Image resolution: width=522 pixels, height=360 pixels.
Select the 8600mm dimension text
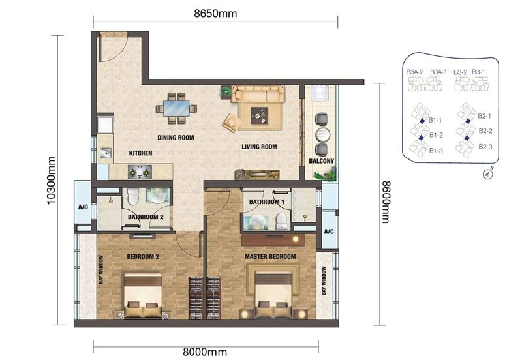point(386,202)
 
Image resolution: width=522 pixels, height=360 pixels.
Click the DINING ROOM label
point(176,138)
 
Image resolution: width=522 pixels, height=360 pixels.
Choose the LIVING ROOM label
point(260,147)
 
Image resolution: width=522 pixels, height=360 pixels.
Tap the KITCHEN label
point(140,153)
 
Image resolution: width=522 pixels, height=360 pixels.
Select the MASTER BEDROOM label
point(270,256)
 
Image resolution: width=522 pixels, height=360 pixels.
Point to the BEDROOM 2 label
point(143,256)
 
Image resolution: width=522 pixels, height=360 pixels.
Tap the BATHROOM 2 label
point(145,217)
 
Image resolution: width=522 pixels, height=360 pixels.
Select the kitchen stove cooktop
point(140,172)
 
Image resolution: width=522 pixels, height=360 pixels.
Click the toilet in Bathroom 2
point(133,196)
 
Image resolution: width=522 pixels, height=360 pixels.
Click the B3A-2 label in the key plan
point(415,72)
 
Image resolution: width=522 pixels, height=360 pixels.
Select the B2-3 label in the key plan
point(485,147)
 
